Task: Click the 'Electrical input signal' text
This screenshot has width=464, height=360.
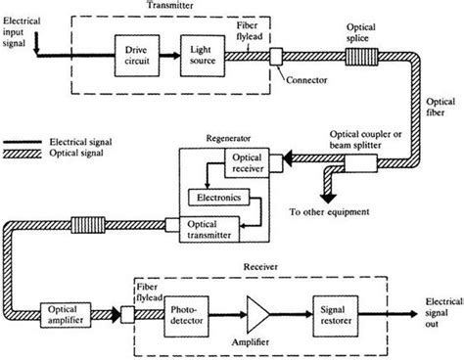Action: point(21,21)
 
